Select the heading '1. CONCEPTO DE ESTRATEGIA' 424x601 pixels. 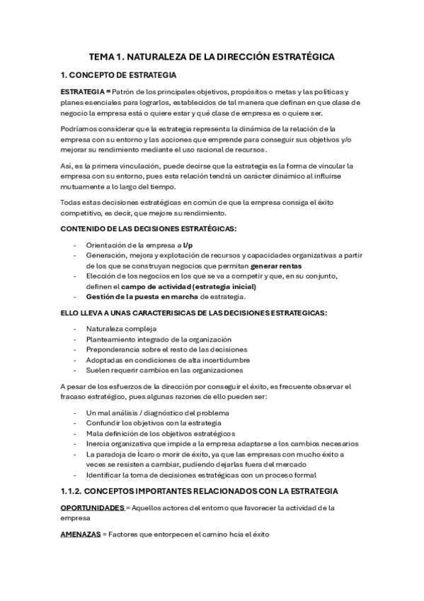(x=118, y=74)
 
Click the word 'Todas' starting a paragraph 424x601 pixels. (x=71, y=203)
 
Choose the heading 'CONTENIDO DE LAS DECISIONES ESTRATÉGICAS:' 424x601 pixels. (x=149, y=228)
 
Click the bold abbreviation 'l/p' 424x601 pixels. (x=188, y=245)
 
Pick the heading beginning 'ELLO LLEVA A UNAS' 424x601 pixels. (x=193, y=313)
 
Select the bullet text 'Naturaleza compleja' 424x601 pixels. (x=121, y=329)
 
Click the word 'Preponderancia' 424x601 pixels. (x=114, y=349)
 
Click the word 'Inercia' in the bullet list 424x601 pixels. (x=98, y=443)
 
